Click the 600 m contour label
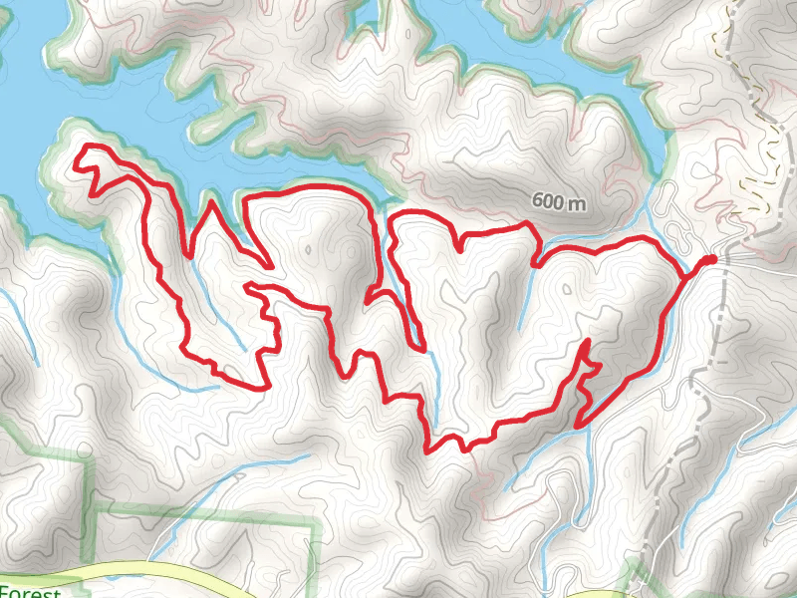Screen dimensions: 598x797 point(559,200)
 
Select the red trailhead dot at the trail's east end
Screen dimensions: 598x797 point(710,260)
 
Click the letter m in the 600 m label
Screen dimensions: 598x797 point(577,201)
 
